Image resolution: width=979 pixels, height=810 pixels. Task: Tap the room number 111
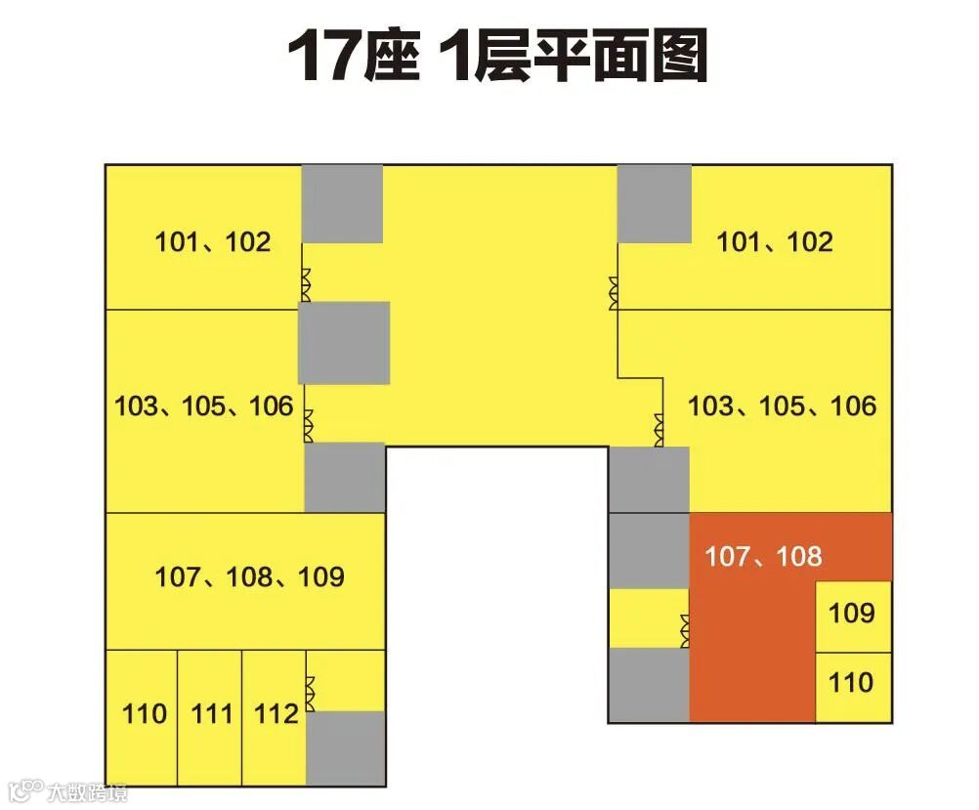point(212,714)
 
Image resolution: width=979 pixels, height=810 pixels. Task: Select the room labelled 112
point(277,714)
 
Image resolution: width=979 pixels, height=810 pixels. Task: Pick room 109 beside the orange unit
point(852,615)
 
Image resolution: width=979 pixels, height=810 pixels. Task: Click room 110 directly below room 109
point(851,682)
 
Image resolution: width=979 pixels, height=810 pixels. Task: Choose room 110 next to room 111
point(145,714)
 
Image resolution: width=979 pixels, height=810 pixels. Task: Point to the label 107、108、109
point(249,576)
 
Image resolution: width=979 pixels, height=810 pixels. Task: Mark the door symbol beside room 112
point(311,693)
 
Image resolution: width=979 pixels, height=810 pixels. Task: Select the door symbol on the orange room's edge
point(686,629)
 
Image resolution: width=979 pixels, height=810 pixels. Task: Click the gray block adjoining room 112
point(345,747)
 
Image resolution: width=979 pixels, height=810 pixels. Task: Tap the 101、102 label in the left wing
point(212,241)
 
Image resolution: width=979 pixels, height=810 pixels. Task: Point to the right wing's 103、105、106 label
point(783,405)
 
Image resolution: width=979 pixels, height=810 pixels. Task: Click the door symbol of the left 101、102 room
point(305,284)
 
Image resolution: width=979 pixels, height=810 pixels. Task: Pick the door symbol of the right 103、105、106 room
point(660,426)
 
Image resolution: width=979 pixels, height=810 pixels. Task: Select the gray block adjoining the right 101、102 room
point(654,203)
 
